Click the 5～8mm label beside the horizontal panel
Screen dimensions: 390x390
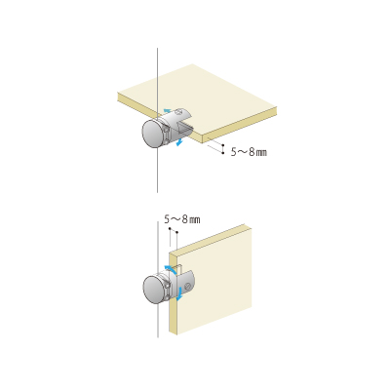click(249, 152)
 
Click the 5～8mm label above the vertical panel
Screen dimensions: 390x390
click(182, 219)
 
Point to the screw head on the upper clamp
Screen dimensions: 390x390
click(178, 112)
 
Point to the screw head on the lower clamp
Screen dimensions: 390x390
click(187, 287)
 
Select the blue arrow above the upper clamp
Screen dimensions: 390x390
click(167, 111)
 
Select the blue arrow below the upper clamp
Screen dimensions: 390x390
click(179, 142)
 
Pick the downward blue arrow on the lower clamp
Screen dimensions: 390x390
click(178, 293)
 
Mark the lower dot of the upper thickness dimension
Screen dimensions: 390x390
click(223, 153)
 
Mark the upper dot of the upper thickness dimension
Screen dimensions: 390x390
click(223, 144)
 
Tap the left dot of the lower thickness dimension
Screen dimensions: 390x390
click(170, 229)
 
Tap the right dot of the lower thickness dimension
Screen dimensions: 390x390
click(176, 232)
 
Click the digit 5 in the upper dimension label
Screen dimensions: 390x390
click(234, 152)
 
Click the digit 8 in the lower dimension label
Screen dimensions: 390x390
click(184, 219)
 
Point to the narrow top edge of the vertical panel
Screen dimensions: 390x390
click(207, 239)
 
